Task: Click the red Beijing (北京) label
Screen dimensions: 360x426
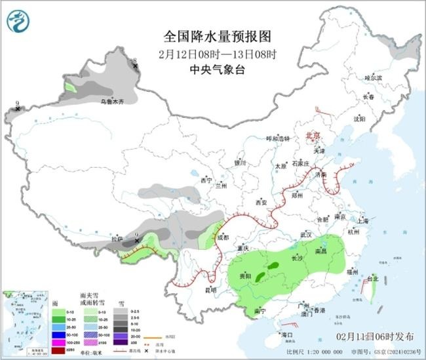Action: (x=314, y=135)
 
